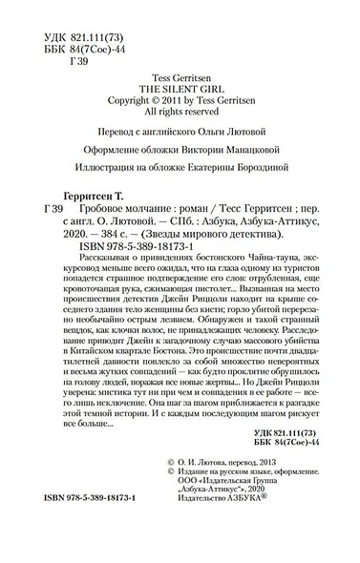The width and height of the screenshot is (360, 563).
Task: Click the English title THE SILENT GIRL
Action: (180, 83)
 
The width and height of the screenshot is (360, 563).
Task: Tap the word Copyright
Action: (134, 96)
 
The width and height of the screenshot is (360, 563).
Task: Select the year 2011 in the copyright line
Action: (183, 96)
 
